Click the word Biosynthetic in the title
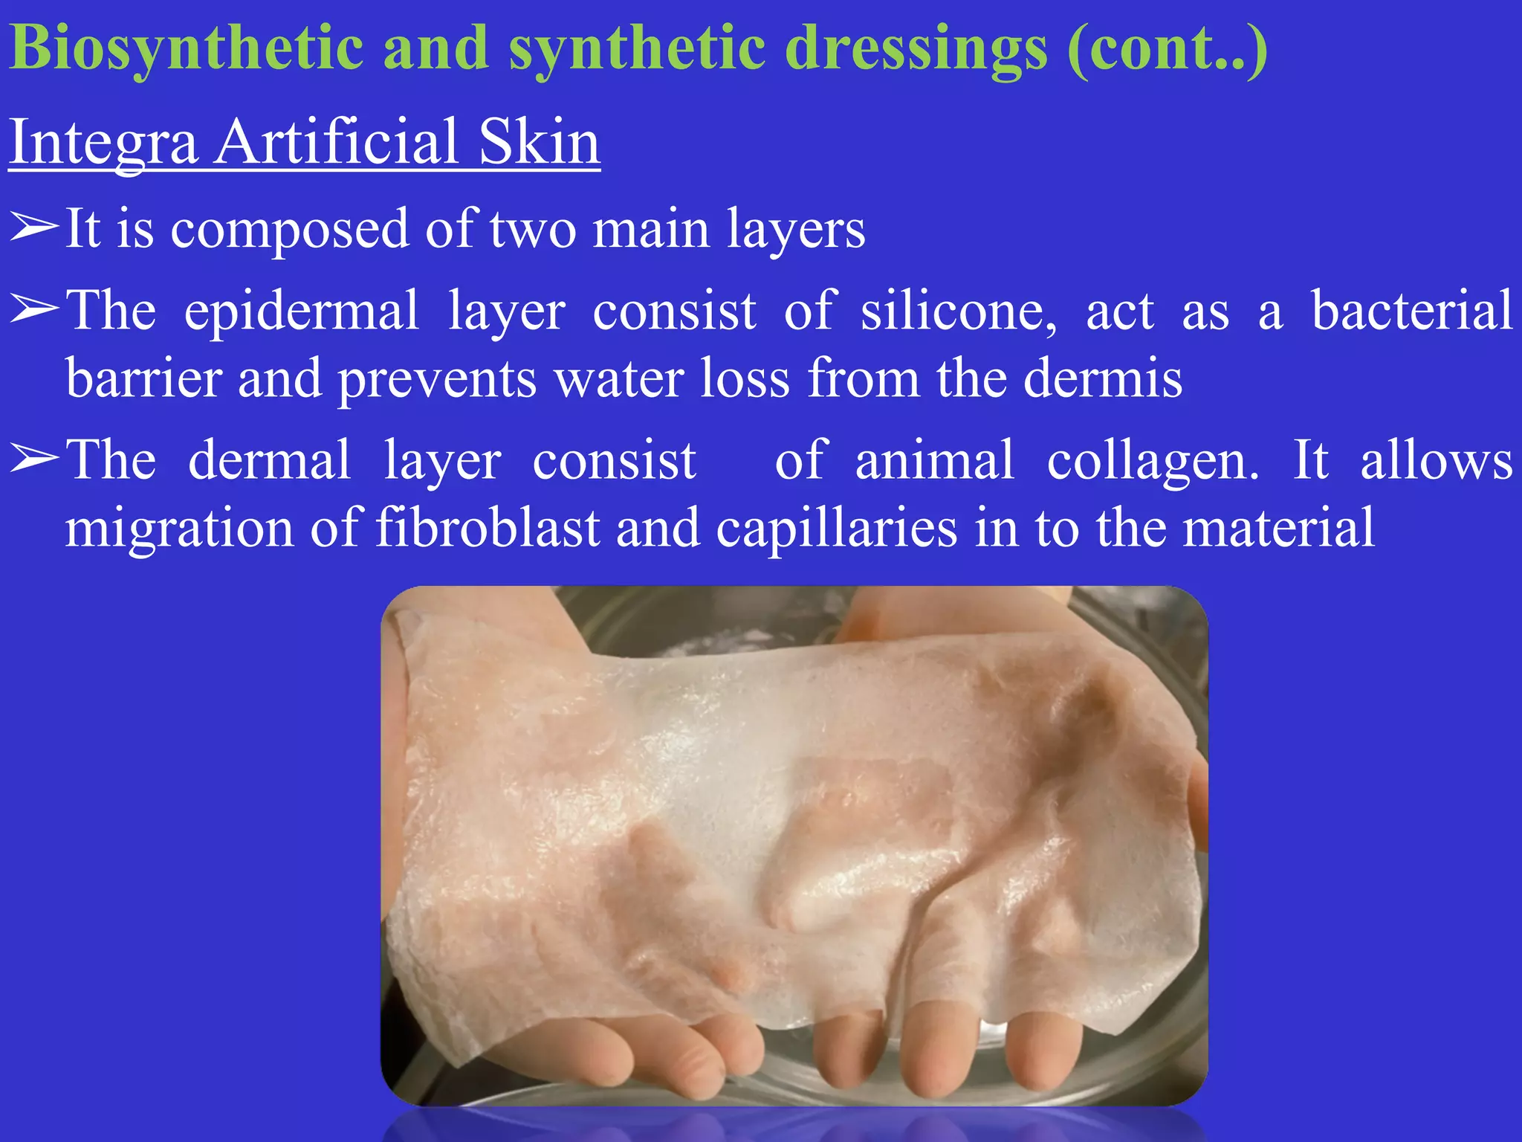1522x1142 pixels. [187, 49]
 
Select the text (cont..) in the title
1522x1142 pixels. [1168, 49]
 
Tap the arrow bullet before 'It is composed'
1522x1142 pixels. [33, 229]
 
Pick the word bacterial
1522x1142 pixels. [1411, 311]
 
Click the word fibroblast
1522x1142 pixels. [487, 529]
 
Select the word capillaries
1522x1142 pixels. [836, 529]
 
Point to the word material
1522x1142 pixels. [1278, 529]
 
